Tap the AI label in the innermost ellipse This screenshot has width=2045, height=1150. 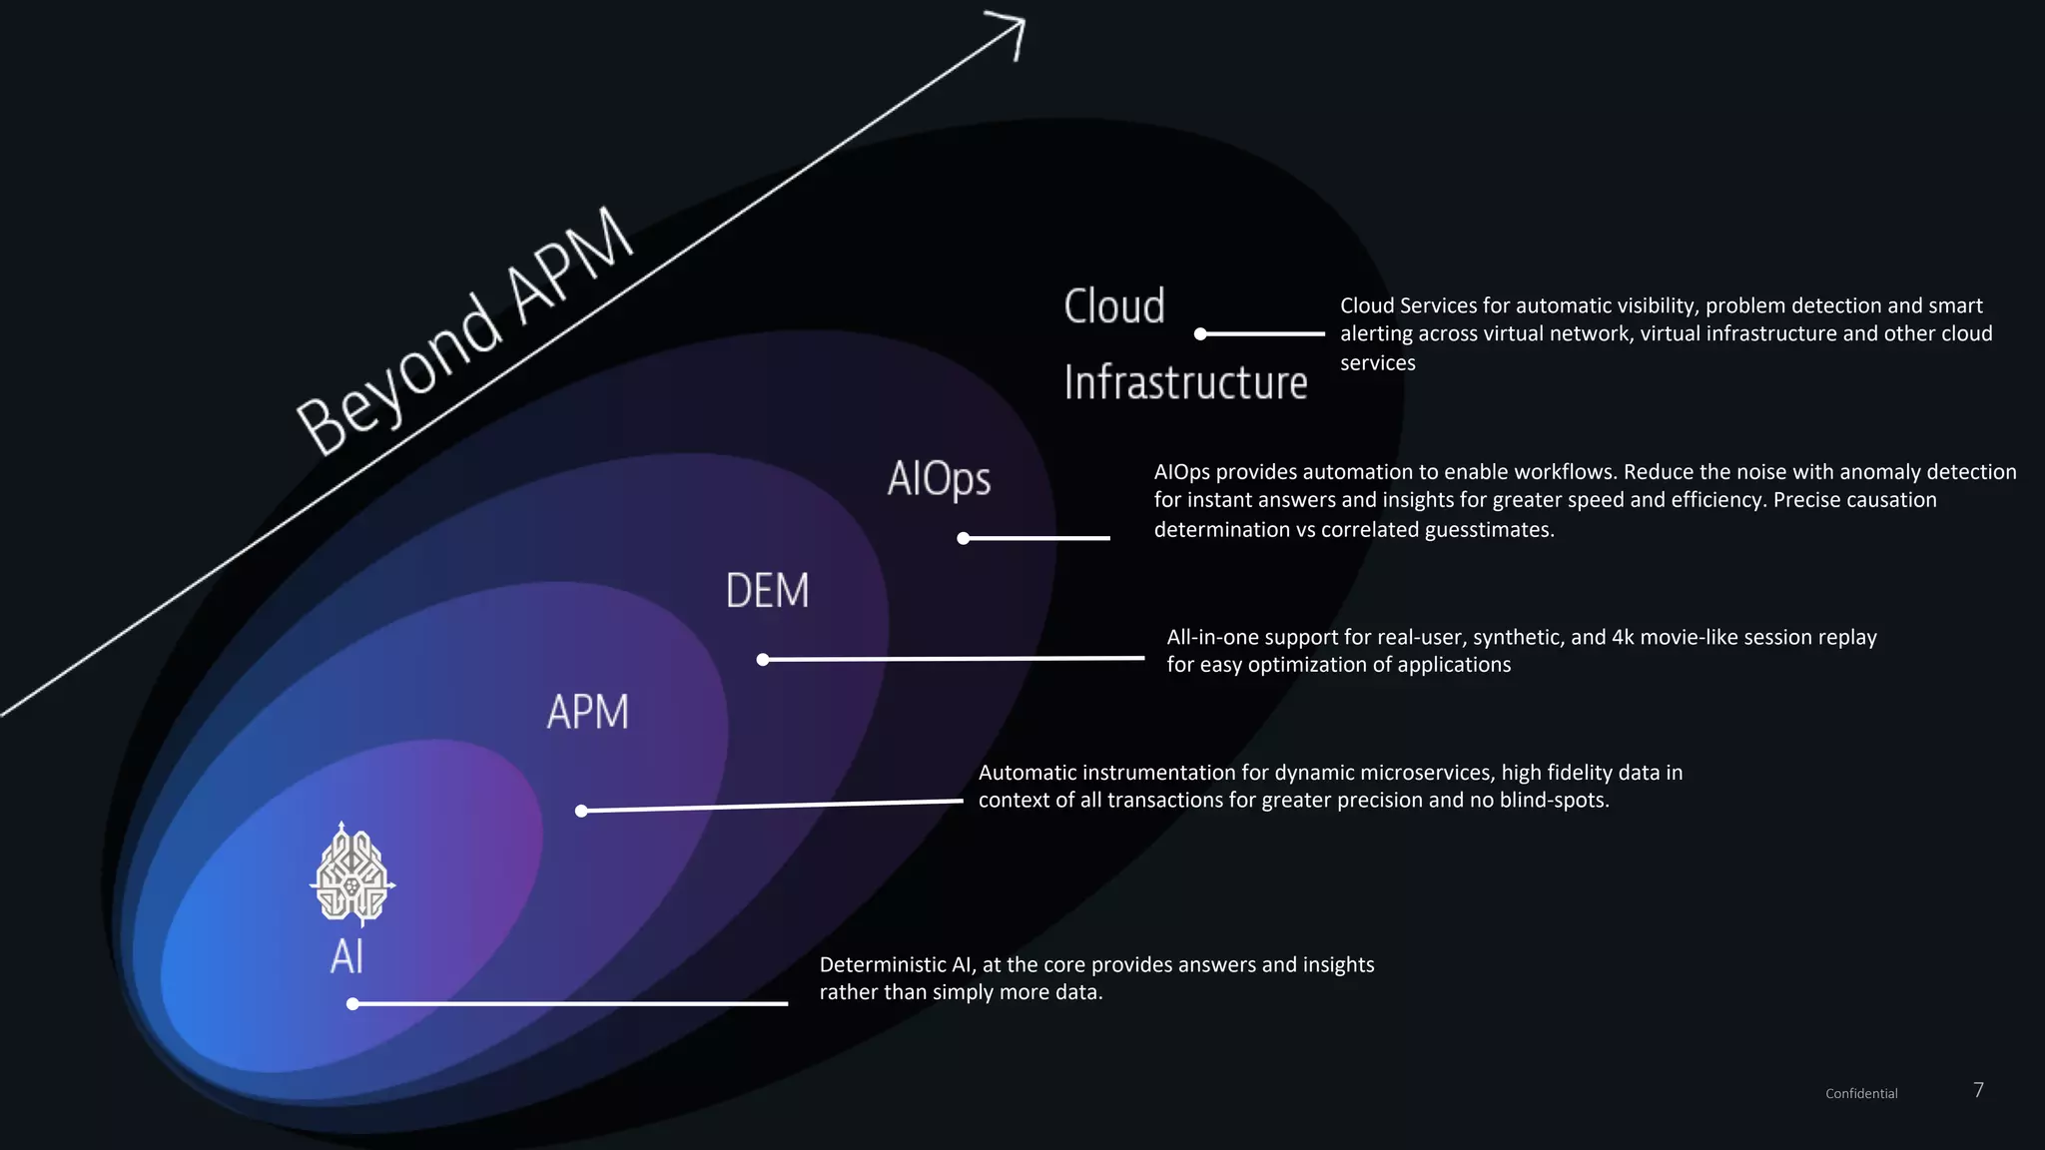tap(346, 956)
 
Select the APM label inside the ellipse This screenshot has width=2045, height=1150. tap(588, 712)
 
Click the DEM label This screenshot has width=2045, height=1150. tap(767, 591)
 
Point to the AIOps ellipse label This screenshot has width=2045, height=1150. tap(939, 478)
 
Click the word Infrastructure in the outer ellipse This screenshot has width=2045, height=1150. tap(1185, 382)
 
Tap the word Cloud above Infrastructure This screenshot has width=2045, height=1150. tap(1114, 305)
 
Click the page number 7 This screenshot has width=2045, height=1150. tap(1978, 1090)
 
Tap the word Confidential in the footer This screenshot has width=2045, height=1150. tap(1861, 1094)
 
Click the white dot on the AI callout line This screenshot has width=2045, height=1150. tap(352, 1004)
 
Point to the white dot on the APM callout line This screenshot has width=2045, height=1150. tap(582, 811)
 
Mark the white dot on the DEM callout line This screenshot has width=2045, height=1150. tap(763, 660)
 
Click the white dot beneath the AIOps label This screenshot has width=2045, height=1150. tap(964, 539)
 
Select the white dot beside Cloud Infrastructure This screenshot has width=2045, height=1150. tap(1201, 334)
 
